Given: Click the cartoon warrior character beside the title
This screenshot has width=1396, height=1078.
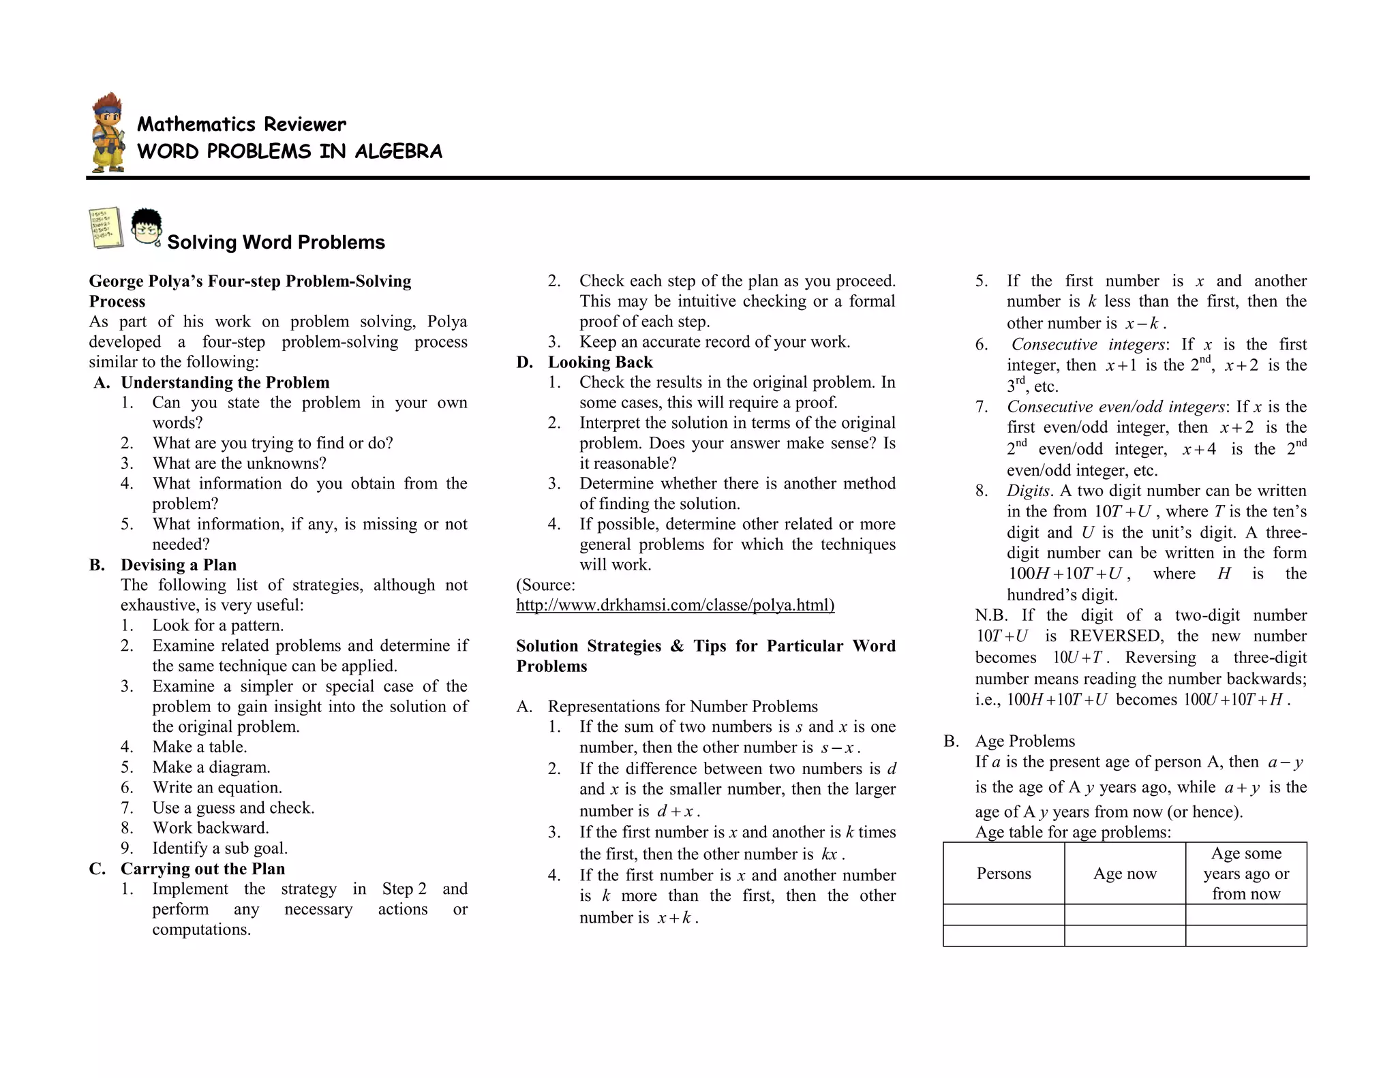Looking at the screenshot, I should (x=108, y=133).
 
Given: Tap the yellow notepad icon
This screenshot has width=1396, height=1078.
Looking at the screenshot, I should (x=106, y=228).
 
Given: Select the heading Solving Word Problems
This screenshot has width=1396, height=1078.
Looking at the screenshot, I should (x=275, y=243).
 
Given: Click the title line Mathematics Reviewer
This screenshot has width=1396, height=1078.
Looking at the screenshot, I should (x=241, y=124).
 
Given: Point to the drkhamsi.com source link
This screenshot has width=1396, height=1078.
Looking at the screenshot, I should (x=675, y=605).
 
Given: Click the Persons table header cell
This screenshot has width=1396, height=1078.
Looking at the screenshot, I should (x=1003, y=874).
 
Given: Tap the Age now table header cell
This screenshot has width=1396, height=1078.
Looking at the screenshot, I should (x=1125, y=874).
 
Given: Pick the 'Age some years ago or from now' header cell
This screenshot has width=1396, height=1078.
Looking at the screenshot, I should (x=1246, y=874).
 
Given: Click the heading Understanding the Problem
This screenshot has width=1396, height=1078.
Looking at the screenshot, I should (x=225, y=382).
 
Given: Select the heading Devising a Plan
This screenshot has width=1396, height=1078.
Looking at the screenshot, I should (x=179, y=565).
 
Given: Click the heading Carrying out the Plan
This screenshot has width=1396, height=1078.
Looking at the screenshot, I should (x=202, y=869).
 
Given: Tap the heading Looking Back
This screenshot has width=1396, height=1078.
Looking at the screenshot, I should (x=600, y=363).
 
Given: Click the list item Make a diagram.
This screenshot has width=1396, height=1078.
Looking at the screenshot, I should (x=211, y=767).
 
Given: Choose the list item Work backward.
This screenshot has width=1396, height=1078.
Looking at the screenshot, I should (x=211, y=828).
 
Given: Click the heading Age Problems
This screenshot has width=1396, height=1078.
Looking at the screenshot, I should (x=1025, y=741).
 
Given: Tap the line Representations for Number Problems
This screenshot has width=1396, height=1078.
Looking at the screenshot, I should (x=682, y=707).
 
